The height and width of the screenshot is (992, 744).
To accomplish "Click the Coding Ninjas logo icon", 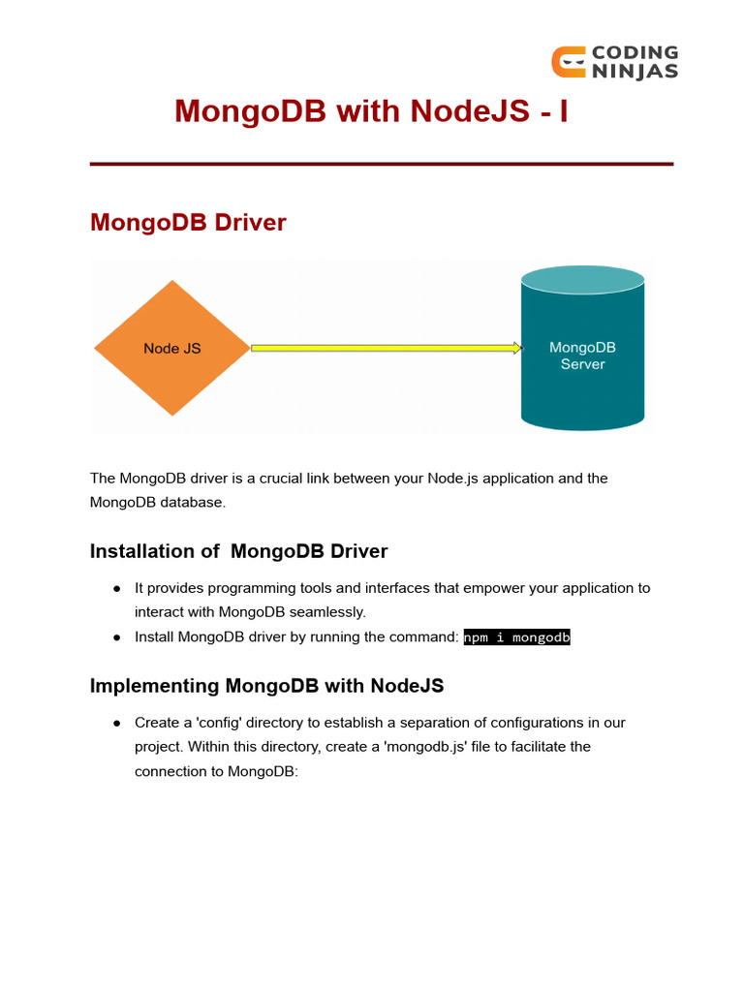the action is point(568,61).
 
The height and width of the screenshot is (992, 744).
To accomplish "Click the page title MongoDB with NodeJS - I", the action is point(371,111).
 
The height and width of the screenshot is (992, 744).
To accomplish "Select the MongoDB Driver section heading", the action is point(188,222).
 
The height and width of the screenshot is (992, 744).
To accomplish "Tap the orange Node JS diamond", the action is point(172,348).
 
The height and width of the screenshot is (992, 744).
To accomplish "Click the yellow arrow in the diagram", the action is point(387,348).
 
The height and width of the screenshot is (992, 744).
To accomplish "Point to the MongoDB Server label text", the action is point(582,356).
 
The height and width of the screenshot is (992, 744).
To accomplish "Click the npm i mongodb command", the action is point(517,637).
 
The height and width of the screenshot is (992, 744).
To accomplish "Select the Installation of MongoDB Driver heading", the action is point(238,551).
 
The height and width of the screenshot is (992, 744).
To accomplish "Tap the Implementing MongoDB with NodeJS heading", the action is point(266,686).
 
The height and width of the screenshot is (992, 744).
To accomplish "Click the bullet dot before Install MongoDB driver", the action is point(116,637).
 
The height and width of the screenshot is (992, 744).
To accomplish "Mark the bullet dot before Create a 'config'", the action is point(116,723).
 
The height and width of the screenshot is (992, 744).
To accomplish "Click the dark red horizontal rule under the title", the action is point(381,165).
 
